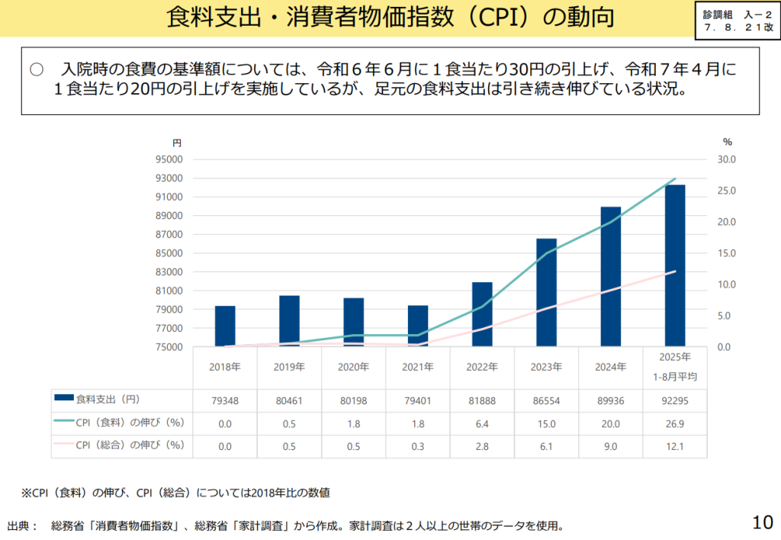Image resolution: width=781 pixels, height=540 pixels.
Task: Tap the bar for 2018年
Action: (x=225, y=326)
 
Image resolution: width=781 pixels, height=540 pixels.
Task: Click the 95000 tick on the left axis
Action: (x=170, y=159)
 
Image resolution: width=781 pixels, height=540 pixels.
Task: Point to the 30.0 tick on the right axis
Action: (x=727, y=159)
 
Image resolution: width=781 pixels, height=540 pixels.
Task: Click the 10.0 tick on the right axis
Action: (x=727, y=284)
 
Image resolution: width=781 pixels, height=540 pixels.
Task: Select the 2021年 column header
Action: (x=418, y=367)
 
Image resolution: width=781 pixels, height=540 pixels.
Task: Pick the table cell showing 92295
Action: (x=675, y=400)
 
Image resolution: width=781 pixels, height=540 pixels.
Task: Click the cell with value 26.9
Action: (x=675, y=423)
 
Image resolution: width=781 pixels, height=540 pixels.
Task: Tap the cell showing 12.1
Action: (x=675, y=446)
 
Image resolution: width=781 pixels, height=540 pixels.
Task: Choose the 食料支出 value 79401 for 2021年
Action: (x=418, y=400)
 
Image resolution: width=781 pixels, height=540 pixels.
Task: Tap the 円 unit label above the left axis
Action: (x=176, y=143)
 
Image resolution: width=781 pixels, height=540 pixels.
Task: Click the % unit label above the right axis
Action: (x=727, y=142)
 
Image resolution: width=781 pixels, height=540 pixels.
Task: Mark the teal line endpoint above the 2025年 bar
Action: (x=675, y=179)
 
